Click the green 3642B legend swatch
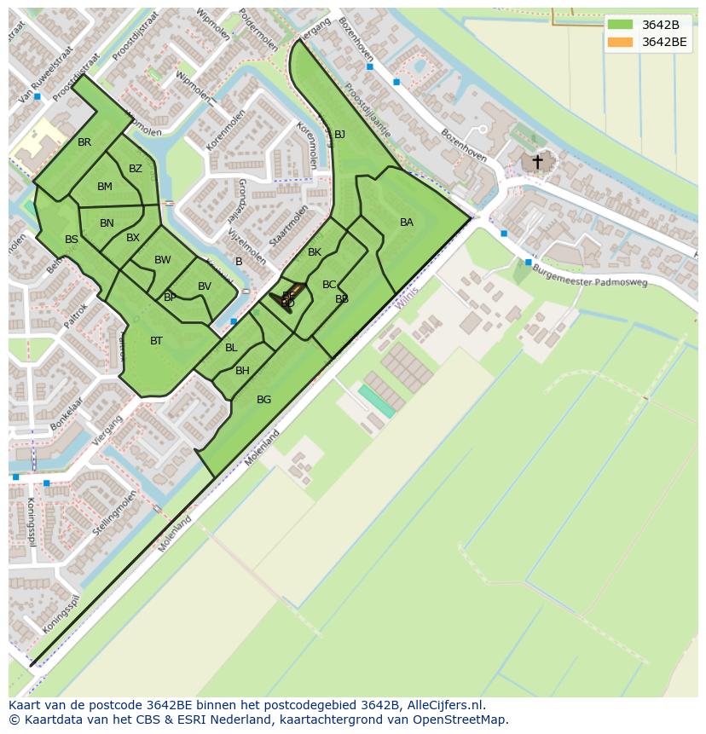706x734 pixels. pos(620,25)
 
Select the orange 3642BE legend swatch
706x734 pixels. pos(620,42)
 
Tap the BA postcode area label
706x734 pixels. pos(407,223)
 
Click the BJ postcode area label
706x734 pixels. pos(339,135)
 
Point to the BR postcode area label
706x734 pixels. pos(84,142)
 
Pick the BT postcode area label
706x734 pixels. pos(156,341)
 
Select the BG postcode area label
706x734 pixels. pos(263,400)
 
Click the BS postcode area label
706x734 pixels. pos(72,240)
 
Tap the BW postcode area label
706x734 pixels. pos(163,260)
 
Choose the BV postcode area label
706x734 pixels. pos(204,286)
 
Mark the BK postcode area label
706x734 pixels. pos(315,252)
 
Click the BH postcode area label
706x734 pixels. pos(242,371)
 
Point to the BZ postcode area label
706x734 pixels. pos(136,169)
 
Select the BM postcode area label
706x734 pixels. pos(105,187)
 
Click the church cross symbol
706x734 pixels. pos(537,160)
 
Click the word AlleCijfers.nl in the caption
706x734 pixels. pos(446,705)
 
